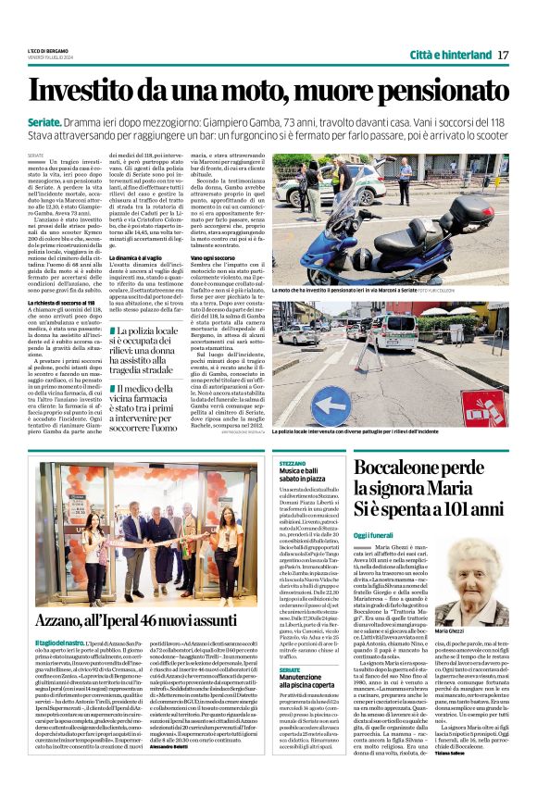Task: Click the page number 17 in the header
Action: point(503,55)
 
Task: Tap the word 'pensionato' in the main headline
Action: point(436,91)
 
